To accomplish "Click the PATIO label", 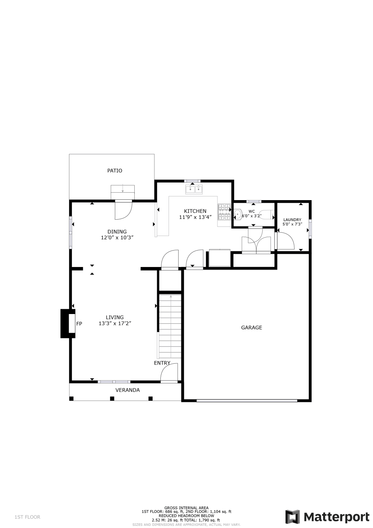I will [115, 171].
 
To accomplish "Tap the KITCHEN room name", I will [195, 211].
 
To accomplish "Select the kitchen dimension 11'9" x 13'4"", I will [195, 217].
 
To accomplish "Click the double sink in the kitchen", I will [194, 190].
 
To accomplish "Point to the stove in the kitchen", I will [224, 212].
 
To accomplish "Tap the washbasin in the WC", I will [237, 214].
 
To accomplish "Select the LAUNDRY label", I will [292, 220].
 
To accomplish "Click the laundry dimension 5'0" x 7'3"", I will [292, 224].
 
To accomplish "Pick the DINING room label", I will [117, 232].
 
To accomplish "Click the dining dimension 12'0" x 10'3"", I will [117, 237].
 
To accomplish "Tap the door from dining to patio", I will [123, 210].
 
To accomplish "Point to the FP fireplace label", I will [79, 324].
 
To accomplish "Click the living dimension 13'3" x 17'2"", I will [115, 323].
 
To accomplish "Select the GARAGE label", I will [251, 327].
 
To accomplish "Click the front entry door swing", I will [169, 373].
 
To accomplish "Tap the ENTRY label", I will [162, 363].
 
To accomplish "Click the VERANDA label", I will [128, 390].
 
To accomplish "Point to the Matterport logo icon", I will [293, 517].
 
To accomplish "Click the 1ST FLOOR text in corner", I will [27, 517].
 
